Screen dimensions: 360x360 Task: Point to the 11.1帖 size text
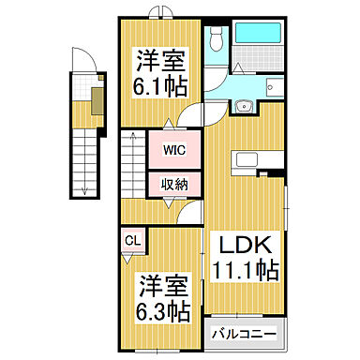tap(246, 272)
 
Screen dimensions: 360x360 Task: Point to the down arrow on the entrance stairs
tap(83, 191)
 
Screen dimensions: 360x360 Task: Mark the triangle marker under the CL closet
tap(133, 257)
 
